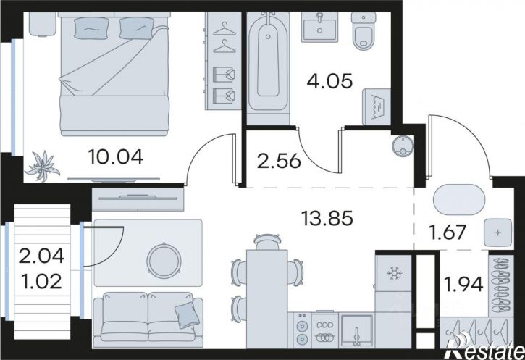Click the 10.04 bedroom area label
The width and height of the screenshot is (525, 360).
116,156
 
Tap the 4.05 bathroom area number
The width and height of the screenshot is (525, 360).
329,81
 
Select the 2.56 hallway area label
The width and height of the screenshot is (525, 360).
279,162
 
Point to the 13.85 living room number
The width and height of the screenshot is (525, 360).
327,218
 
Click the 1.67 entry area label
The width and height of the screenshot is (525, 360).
448,232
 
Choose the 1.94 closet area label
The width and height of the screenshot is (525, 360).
463,285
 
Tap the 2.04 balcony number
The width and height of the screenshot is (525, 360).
41,256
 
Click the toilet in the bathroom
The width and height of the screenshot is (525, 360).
364,31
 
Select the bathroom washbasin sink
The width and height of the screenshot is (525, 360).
319,28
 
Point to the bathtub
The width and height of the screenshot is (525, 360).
268,62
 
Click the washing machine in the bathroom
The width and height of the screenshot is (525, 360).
377,106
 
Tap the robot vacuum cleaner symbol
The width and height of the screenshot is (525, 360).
403,146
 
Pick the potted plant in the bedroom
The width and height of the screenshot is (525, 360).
43,166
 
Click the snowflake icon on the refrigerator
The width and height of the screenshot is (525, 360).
395,274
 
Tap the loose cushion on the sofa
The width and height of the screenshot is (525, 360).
187,314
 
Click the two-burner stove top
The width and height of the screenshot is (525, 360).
303,330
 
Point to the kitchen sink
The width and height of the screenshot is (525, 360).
356,330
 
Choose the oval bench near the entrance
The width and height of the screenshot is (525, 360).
458,200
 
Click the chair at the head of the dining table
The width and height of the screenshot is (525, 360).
266,241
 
